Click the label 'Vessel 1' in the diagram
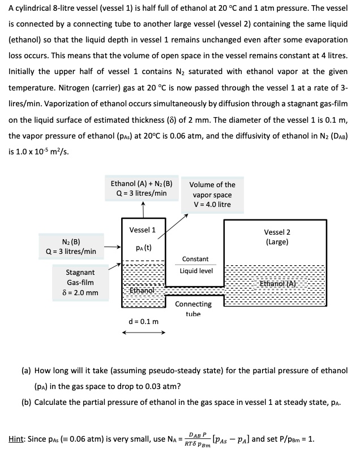tap(143, 230)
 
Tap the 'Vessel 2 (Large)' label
tap(277, 237)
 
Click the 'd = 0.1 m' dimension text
tap(143, 322)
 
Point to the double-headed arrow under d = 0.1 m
tap(143, 333)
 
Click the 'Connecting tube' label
tap(193, 308)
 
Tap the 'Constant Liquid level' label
tap(196, 265)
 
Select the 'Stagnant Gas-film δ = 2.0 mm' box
tap(81, 282)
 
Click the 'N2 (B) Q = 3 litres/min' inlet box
tap(71, 246)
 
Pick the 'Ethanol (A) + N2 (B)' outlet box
tap(142, 188)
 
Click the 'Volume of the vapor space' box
tap(212, 194)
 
